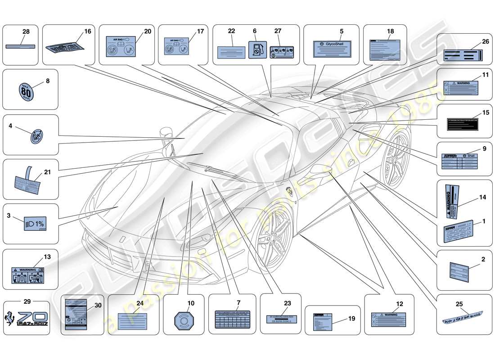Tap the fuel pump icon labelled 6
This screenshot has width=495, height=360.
(x=255, y=50)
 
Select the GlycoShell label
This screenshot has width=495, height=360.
(x=333, y=48)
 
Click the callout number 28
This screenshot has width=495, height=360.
(x=26, y=31)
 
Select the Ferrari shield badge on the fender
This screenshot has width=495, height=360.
(x=288, y=191)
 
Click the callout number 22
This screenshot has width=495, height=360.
(x=232, y=31)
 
